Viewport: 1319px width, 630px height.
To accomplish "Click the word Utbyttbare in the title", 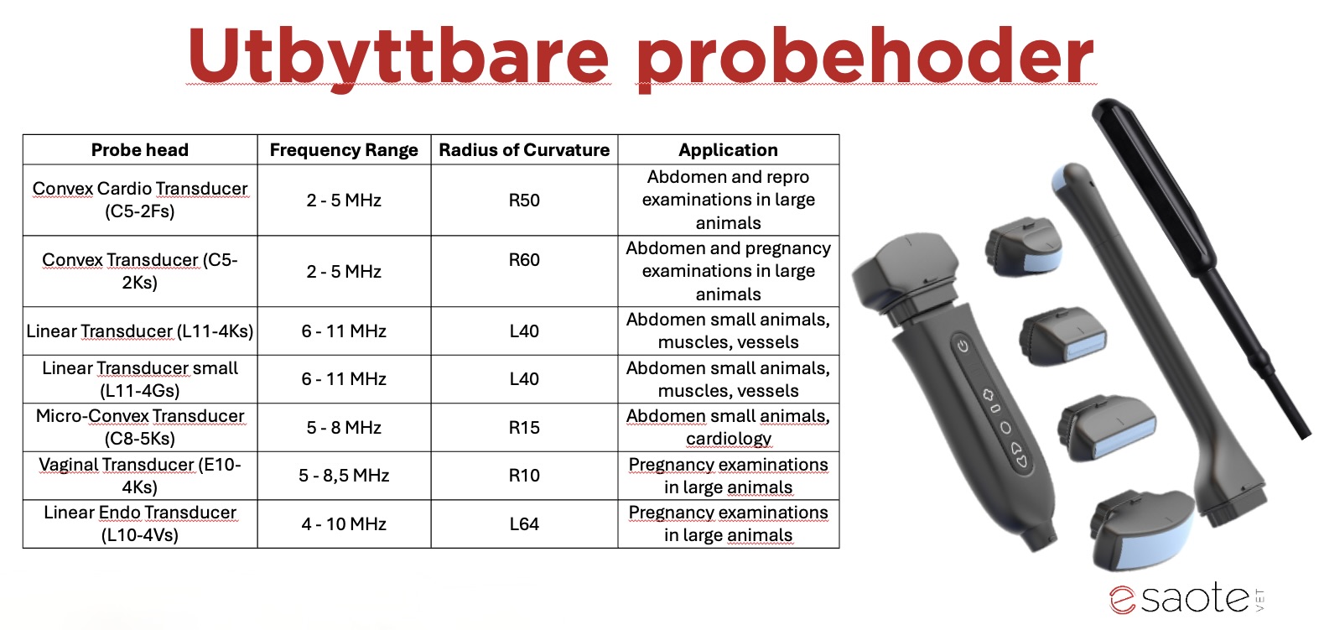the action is tap(398, 56).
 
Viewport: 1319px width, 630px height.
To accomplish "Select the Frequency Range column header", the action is tap(344, 150).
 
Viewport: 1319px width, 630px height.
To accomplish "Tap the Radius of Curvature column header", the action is tap(524, 150).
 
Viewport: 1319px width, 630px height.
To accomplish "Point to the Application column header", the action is tap(729, 150).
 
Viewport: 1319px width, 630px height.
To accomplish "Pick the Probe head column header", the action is tap(140, 150).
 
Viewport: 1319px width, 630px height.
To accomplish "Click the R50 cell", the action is tap(524, 200).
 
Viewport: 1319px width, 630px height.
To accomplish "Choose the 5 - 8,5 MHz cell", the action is tap(344, 476).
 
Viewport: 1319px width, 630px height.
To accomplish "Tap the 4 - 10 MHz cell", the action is tap(344, 524).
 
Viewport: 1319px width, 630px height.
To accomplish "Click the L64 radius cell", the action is tap(524, 524).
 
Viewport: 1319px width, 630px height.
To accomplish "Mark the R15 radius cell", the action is tap(524, 427).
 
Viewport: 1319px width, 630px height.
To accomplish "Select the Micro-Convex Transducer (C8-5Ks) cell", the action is tap(140, 427).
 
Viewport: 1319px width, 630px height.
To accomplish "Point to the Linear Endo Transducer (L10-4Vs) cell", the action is tap(140, 524).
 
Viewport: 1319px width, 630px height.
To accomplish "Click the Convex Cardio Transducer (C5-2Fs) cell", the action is tap(140, 200).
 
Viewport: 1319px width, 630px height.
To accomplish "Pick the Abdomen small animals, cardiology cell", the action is tap(729, 427).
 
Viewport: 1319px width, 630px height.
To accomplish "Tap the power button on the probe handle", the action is tap(963, 346).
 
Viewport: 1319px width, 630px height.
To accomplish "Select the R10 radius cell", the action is tap(524, 476).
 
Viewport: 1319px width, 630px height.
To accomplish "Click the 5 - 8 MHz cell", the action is tap(344, 427).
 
